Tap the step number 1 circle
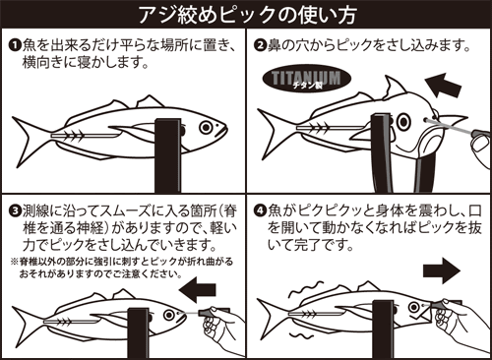(x=17, y=46)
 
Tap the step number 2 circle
(x=261, y=46)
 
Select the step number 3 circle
(x=17, y=210)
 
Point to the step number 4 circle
(x=261, y=210)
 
